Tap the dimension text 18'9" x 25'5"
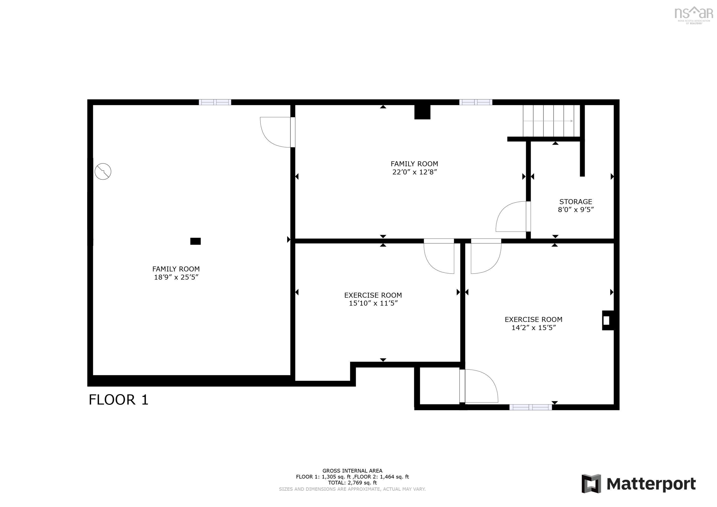176,277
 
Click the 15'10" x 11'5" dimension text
373,303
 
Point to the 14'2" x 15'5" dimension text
533,327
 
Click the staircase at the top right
551,121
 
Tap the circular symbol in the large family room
103,171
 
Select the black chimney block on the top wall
422,112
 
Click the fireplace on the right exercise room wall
607,320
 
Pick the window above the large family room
215,102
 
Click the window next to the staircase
475,102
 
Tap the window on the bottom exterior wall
530,407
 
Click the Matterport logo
638,484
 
